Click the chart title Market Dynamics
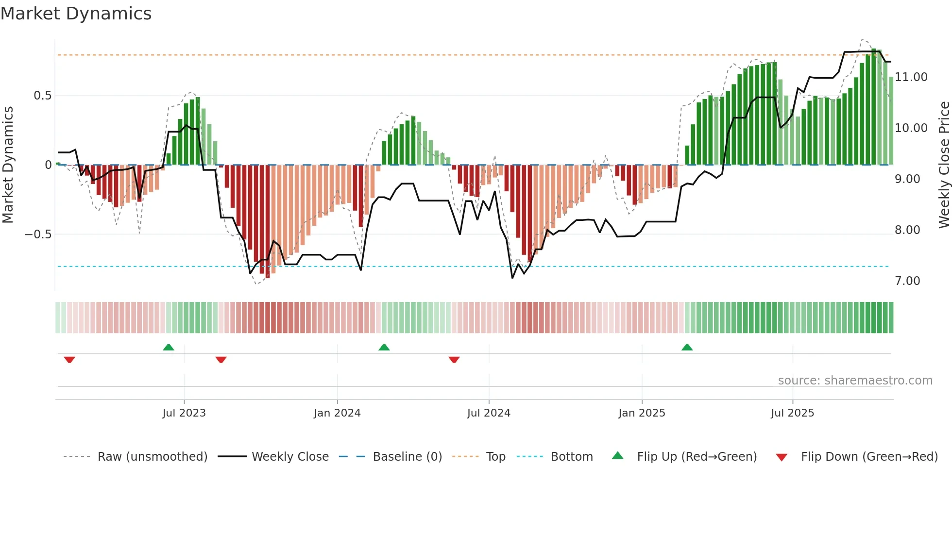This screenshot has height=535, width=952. pos(76,14)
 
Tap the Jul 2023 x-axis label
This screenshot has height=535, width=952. pos(184,413)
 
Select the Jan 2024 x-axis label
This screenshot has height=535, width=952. pos(337,413)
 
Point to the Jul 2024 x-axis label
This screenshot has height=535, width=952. pos(489,413)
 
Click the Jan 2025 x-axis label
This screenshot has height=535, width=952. pos(642,413)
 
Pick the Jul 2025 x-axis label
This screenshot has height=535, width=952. pos(792,413)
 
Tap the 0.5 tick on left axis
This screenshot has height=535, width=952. pos(43,96)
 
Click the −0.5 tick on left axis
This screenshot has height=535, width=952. pos(38,234)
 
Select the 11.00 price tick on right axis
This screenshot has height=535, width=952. pos(911,77)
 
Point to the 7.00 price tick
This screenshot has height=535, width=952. pos(907,281)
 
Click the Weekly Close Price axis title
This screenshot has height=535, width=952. pos(944,165)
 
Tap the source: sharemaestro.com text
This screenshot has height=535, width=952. pos(855,381)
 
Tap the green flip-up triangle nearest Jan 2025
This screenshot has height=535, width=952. pos(687,348)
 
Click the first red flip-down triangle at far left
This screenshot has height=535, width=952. pos(69,360)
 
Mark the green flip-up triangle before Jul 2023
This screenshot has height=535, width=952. pos(169,348)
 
